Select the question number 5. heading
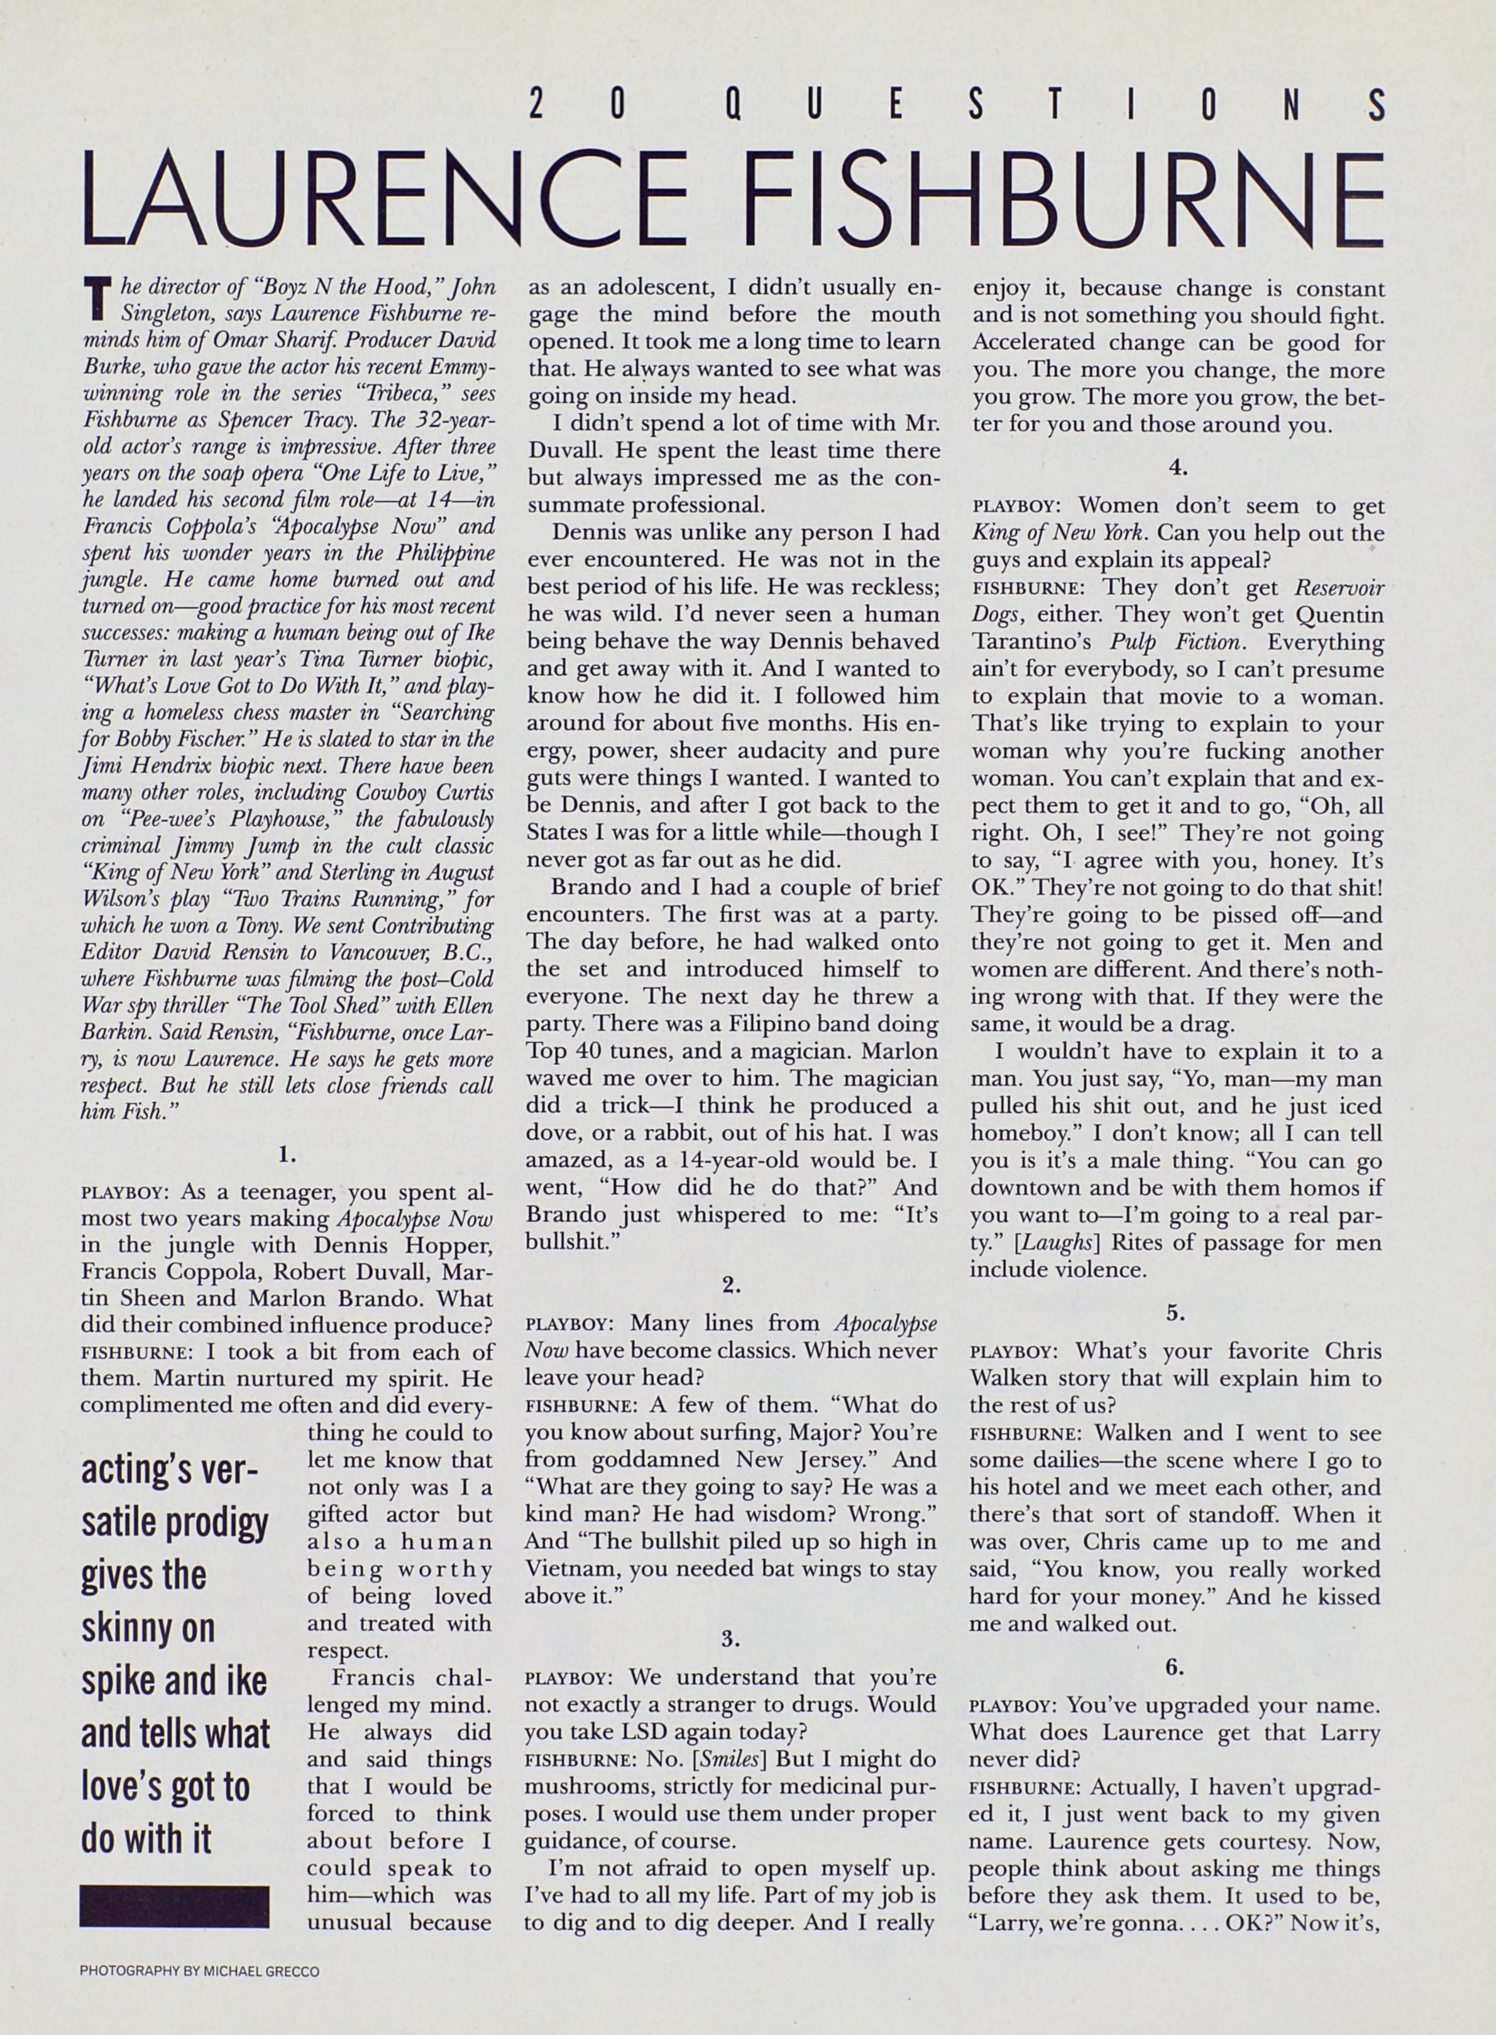pos(1175,1312)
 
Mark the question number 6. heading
pos(1175,1666)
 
